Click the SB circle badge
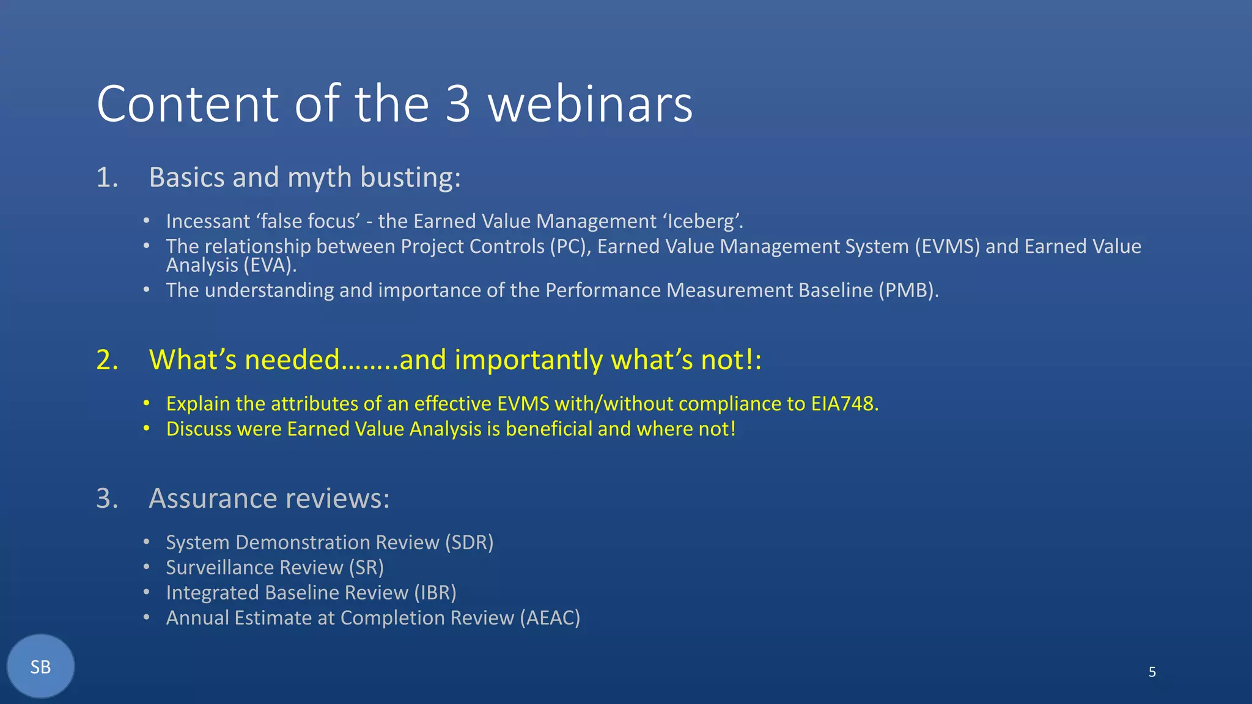point(40,666)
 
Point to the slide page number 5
point(1152,672)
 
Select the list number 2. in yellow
point(107,360)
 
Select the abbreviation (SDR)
point(469,543)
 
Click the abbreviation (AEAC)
point(550,618)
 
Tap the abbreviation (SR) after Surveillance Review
point(366,568)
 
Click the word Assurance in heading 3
point(214,499)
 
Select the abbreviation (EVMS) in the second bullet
point(947,246)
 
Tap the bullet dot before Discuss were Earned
point(147,428)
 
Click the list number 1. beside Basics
point(107,178)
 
